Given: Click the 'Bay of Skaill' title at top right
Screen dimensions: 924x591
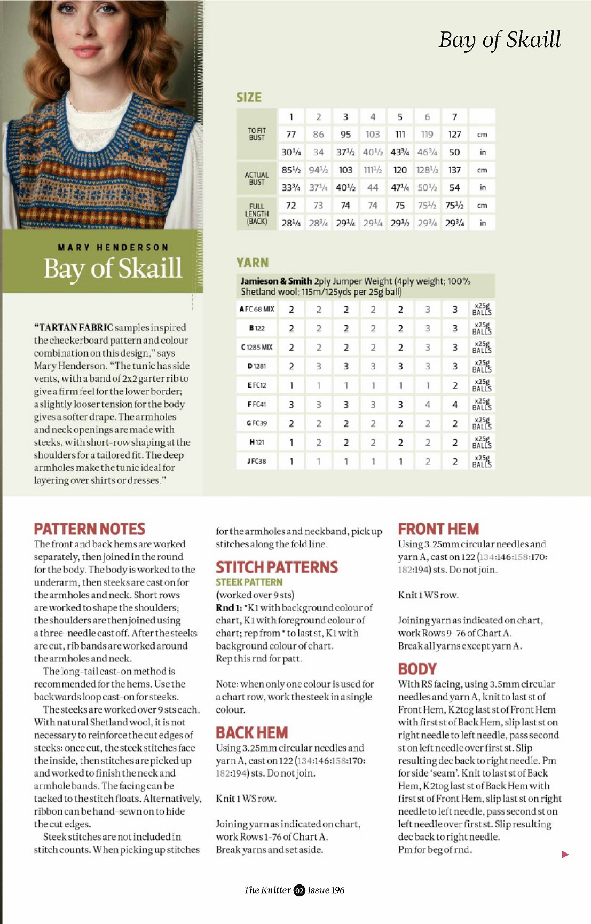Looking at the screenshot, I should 500,40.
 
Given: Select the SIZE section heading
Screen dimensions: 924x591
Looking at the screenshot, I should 249,97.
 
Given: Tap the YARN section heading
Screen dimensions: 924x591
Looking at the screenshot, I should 253,263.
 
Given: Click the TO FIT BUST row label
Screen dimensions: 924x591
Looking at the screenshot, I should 257,134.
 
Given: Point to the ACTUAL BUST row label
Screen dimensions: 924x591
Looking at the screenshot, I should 257,178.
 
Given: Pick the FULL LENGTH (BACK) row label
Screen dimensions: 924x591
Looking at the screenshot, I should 257,214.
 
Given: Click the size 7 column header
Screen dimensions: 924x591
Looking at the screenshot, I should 454,117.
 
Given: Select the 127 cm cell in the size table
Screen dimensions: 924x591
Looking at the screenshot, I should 454,135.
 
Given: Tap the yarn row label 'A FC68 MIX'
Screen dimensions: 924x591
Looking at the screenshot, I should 257,309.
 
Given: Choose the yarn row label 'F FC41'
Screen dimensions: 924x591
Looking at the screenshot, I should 257,404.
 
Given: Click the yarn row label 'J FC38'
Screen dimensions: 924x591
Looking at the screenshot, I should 257,461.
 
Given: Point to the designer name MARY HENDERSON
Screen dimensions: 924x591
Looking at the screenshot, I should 113,248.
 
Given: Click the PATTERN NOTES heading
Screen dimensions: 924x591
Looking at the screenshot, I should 90,529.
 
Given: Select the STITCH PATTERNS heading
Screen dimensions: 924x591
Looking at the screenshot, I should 277,567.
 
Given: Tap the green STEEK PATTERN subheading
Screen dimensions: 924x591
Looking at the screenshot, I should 249,582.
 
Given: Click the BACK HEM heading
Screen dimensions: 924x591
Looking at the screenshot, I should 252,732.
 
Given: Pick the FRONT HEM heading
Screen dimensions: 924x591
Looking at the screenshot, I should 438,529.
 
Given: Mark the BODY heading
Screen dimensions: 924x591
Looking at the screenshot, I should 417,669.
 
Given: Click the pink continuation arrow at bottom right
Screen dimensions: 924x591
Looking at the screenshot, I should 565,855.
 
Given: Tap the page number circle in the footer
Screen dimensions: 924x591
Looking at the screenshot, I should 299,890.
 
